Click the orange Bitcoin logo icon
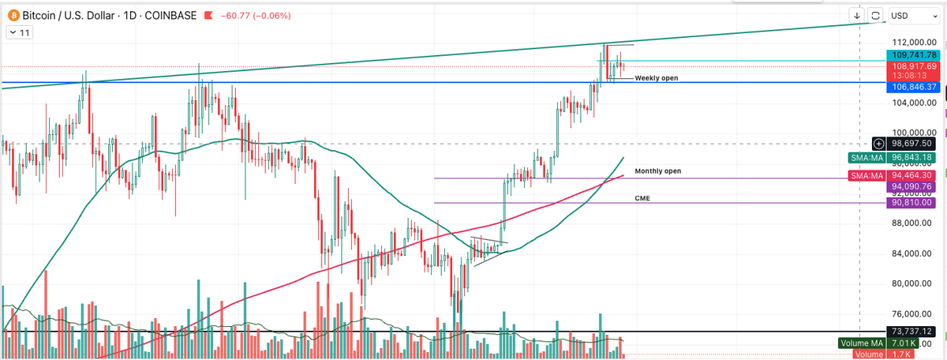pos(13,15)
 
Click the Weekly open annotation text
pos(656,78)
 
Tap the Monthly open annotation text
pos(657,171)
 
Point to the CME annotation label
pos(642,198)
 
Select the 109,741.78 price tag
pos(913,54)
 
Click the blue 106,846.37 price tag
pos(913,86)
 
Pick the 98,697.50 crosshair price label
pos(913,143)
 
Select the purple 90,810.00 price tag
pos(913,203)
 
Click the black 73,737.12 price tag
pos(913,332)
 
